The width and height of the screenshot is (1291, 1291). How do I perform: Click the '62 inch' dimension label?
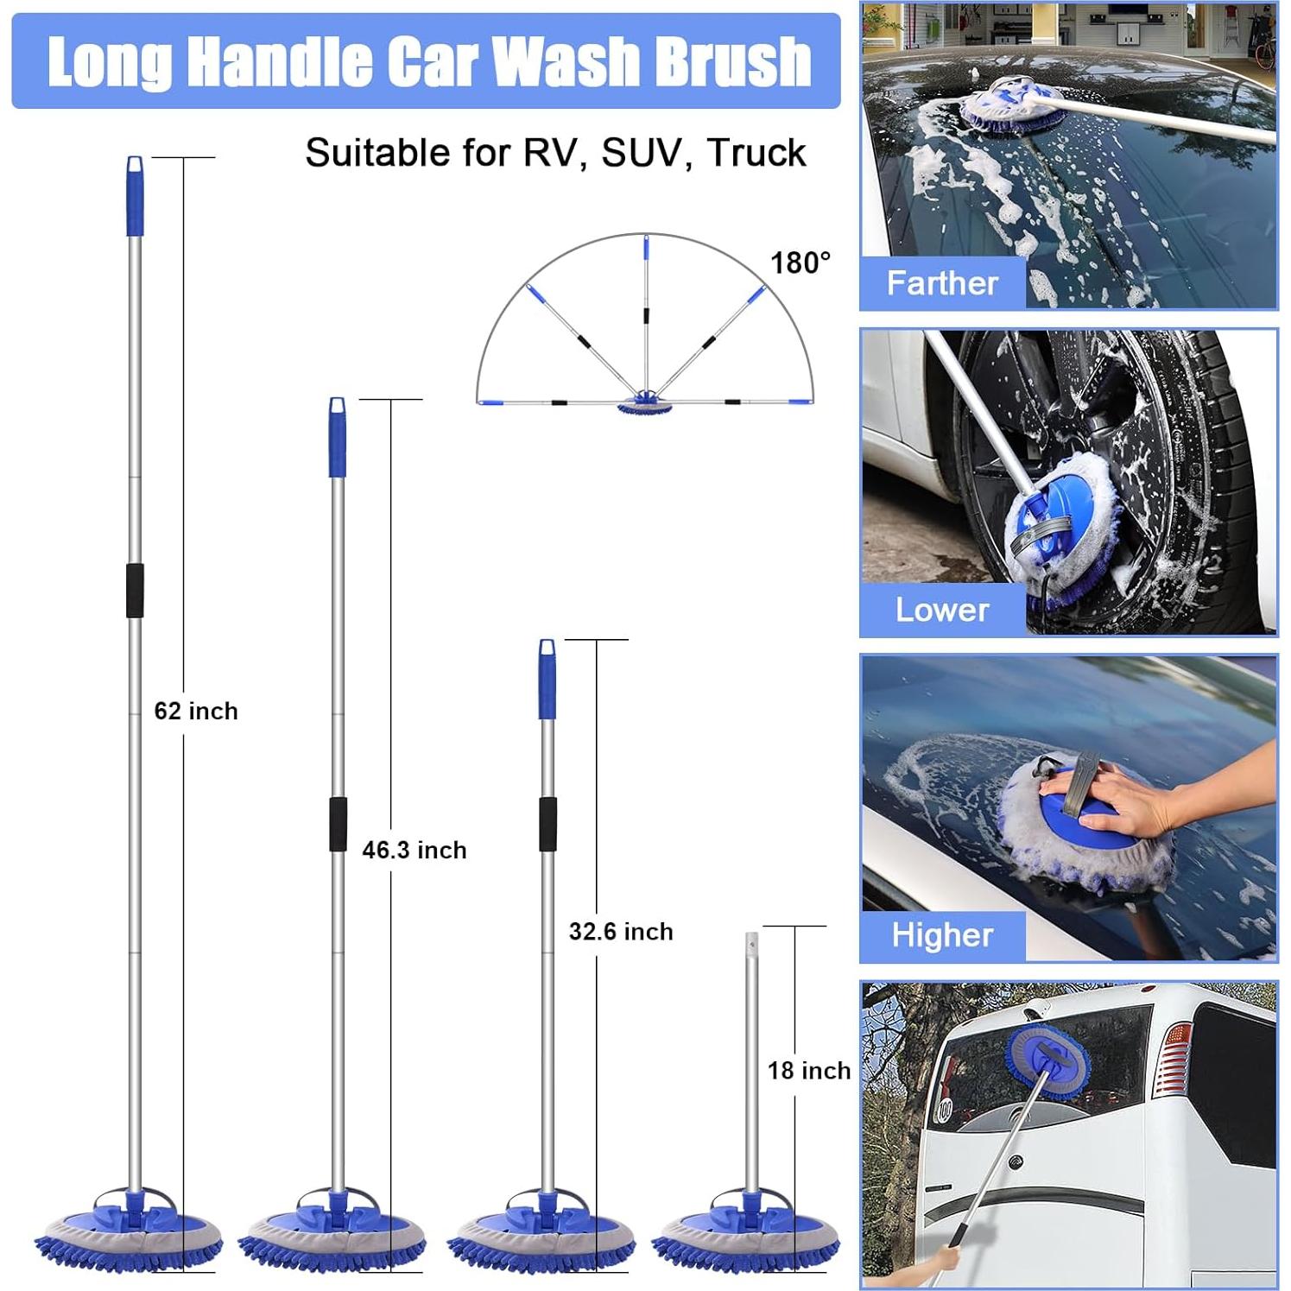point(196,711)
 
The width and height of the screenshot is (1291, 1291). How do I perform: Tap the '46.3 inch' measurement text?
point(415,850)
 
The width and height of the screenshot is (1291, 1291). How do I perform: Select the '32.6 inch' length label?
point(621,931)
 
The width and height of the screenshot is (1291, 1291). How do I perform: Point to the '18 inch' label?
point(809,1070)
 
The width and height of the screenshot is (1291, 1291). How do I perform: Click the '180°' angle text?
point(801,263)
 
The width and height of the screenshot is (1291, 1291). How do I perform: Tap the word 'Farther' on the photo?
point(942,283)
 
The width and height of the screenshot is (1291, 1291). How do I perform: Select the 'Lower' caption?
point(942,610)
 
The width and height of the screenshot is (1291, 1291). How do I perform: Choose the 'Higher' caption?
point(942,935)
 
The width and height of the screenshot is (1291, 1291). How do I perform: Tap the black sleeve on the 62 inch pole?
point(135,591)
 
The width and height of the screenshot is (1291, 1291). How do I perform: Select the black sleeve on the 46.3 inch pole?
point(338,824)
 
